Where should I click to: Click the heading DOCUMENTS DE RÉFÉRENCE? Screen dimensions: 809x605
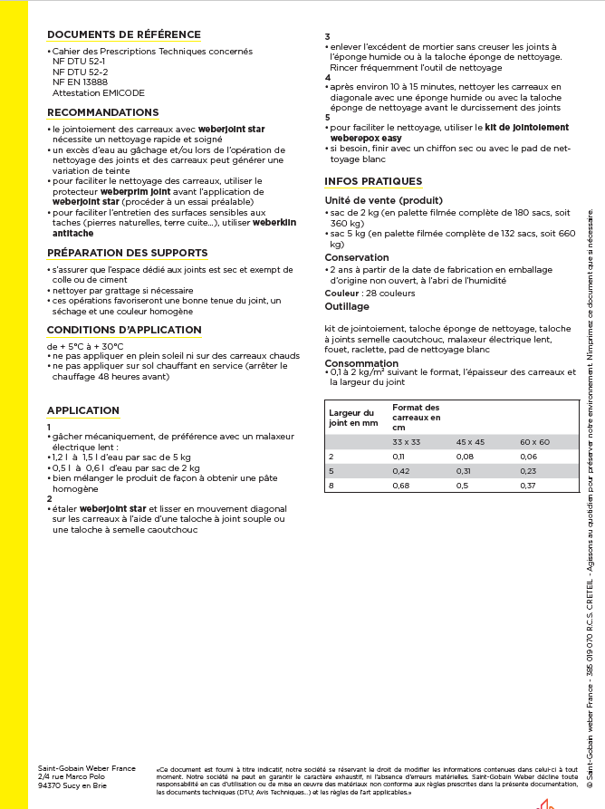(x=123, y=34)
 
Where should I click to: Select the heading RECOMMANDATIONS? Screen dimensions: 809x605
(x=102, y=112)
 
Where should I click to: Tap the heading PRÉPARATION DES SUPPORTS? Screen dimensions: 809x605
(x=127, y=253)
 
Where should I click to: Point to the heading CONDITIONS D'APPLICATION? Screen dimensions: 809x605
(x=124, y=330)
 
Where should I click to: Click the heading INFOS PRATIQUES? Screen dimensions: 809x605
(x=373, y=181)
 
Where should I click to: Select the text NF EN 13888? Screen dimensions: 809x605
(x=80, y=82)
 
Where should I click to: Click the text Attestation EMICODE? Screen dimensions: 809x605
(x=98, y=92)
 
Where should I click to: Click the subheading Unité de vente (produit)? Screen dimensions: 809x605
(x=384, y=200)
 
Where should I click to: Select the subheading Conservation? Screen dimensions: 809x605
(x=357, y=258)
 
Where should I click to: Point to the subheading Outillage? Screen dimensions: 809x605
(x=347, y=307)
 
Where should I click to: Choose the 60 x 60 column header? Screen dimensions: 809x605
(x=534, y=441)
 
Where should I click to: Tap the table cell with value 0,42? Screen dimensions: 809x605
(x=399, y=471)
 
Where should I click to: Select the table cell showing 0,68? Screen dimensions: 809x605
(x=399, y=486)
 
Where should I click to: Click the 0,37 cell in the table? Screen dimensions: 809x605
(x=528, y=486)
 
